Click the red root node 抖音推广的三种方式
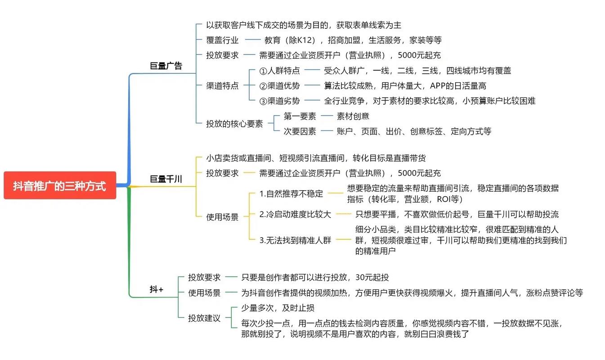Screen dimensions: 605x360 coord(60,185)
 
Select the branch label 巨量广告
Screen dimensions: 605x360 coord(166,66)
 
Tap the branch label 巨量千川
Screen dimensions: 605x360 coord(166,179)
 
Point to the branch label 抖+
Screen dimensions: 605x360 coord(157,289)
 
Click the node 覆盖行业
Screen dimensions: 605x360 coord(222,40)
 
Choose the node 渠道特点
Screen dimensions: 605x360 coord(222,85)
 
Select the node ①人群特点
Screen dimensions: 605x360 coord(279,71)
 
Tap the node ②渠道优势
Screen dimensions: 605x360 coord(279,85)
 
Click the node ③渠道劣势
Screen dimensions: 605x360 coord(279,101)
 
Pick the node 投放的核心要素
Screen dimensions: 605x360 coord(234,123)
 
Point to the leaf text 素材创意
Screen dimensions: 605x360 coord(353,116)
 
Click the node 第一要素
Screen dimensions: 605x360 coord(300,116)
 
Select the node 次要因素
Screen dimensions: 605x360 coord(300,131)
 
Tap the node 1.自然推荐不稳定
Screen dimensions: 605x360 coord(291,193)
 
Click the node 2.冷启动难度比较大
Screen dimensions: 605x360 coord(295,214)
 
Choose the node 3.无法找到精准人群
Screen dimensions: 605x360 coord(295,240)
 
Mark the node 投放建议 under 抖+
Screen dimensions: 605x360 coord(204,318)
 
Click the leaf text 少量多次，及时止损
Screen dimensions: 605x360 coord(278,308)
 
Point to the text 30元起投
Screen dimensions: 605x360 coord(372,277)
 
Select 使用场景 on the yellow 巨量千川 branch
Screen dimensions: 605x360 coord(222,217)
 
